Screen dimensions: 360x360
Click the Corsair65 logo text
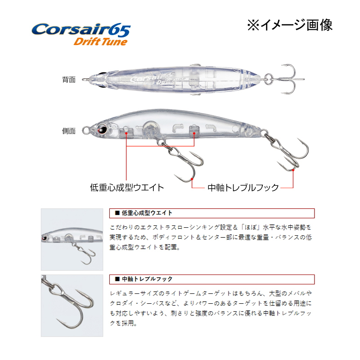pos(81,30)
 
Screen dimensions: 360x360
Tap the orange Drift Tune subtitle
pos(100,42)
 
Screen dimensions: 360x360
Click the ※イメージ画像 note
pos(290,25)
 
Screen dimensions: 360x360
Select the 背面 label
pos(69,80)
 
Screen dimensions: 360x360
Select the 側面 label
pos(69,131)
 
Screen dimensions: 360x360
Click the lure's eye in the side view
pos(102,129)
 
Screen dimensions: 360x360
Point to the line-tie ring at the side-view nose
pos(86,130)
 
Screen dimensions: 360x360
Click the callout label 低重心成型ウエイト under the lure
pos(127,188)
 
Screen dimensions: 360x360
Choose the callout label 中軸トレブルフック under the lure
pos(243,188)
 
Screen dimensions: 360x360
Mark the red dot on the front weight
pos(126,133)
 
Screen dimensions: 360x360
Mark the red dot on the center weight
pos(194,133)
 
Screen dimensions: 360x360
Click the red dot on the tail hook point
pos(293,170)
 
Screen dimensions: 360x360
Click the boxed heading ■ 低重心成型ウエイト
pos(144,213)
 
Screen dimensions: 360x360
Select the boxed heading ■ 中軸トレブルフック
pos(144,279)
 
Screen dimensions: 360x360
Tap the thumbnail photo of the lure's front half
pos(72,239)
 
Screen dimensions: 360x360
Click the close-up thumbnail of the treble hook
pos(72,306)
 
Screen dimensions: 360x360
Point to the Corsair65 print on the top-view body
pos(152,77)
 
